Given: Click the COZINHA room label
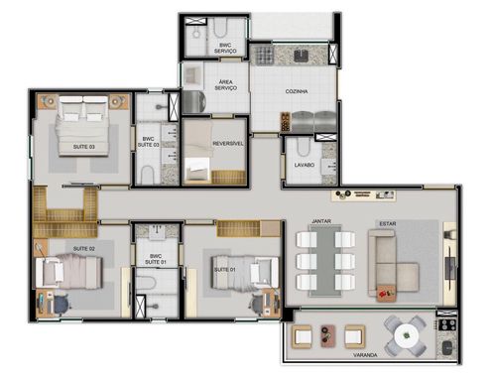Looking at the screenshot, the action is (x=297, y=91).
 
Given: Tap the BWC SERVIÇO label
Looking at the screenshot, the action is (x=225, y=48).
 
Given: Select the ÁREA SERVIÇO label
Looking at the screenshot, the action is (x=225, y=84).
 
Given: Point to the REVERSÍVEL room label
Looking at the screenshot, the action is (x=228, y=144).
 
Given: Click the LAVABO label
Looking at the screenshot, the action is (x=305, y=165).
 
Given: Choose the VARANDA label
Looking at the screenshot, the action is (x=365, y=355).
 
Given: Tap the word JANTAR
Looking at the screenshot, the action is (x=321, y=221).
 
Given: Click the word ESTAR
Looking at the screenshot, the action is (x=388, y=224).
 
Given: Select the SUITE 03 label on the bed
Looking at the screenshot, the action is (x=84, y=147).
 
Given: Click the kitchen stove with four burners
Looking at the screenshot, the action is (x=264, y=55).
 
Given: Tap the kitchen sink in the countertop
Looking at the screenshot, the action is (x=301, y=56).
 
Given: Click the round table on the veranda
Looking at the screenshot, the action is (x=406, y=336).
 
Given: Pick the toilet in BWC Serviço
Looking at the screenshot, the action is (x=220, y=29).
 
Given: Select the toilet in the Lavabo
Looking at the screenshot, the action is (x=303, y=148).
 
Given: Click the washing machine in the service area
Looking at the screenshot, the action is (x=194, y=102).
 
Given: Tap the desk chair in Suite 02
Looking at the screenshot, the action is (x=61, y=305).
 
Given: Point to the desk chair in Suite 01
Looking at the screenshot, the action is (x=258, y=303).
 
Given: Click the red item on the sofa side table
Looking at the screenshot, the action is (x=383, y=293).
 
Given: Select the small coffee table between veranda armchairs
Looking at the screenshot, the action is (x=327, y=336).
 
